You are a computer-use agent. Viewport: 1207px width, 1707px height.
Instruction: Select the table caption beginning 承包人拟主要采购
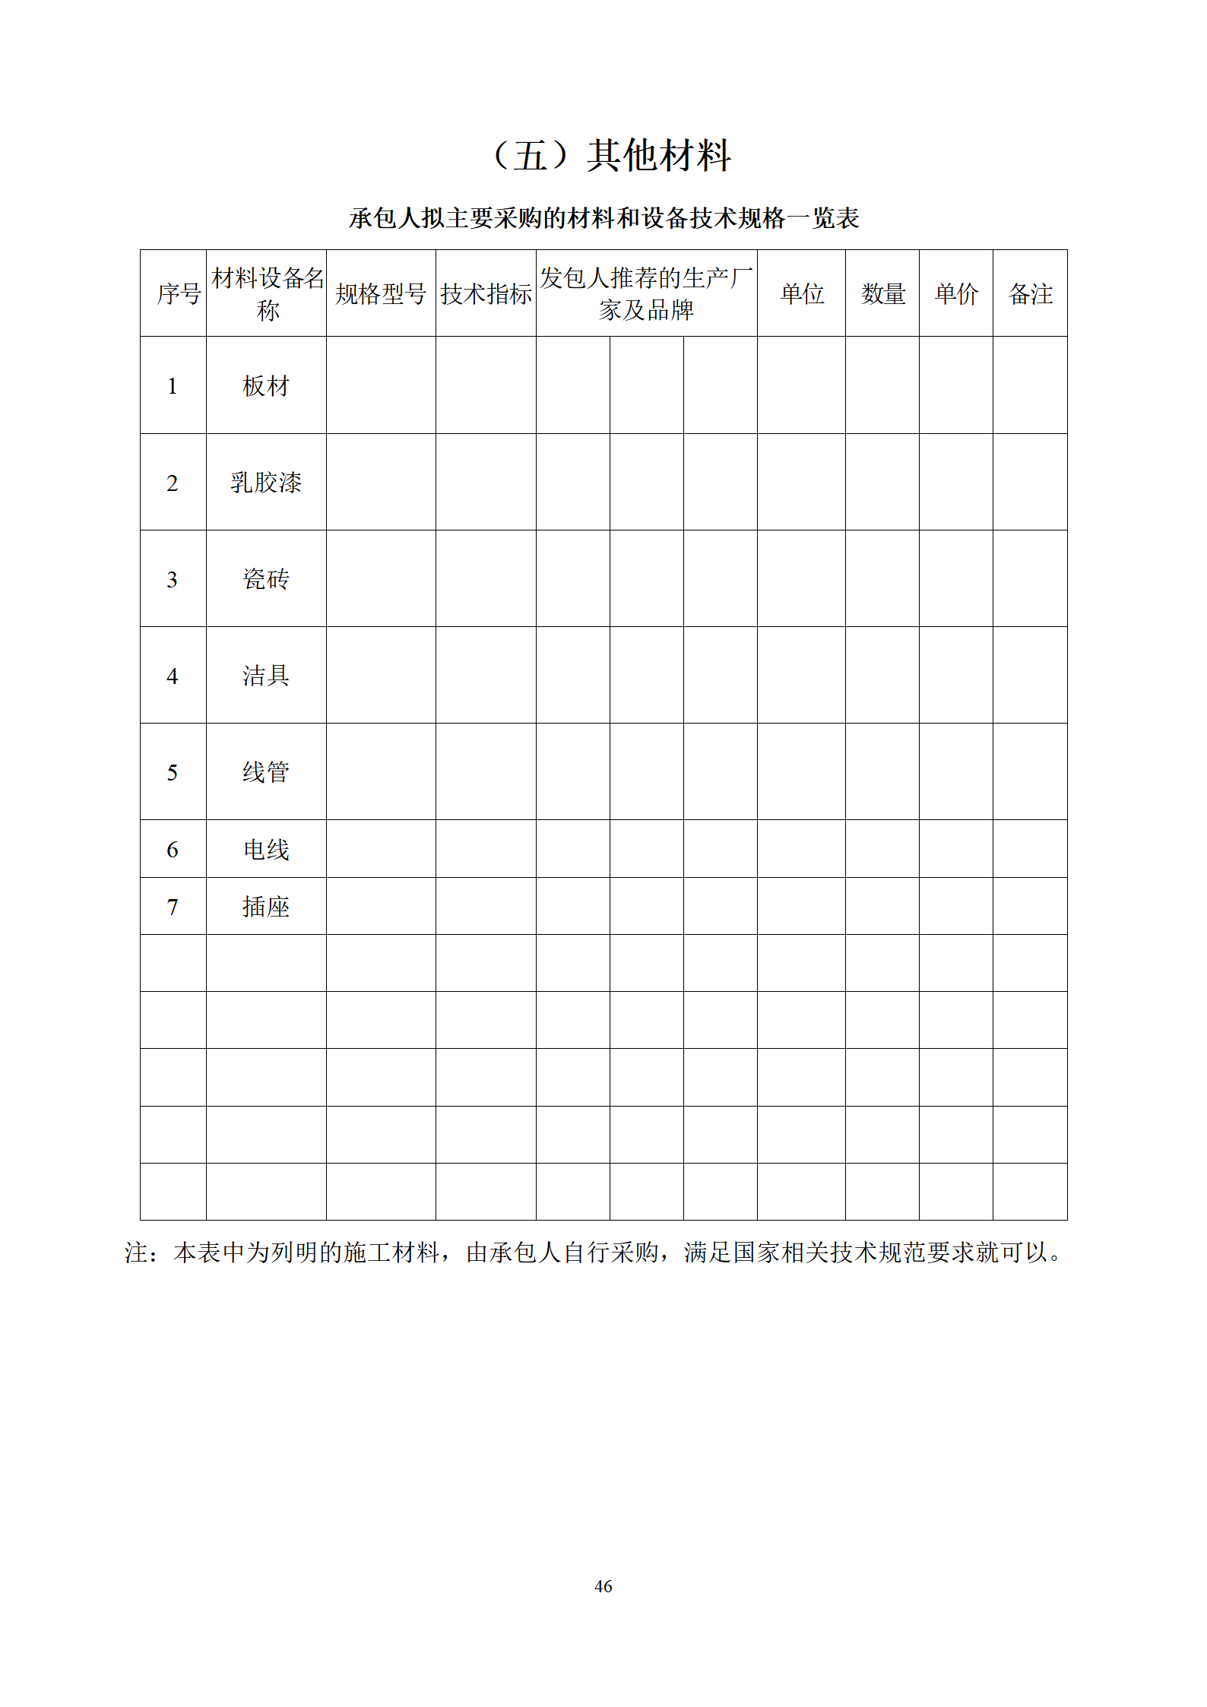click(x=603, y=219)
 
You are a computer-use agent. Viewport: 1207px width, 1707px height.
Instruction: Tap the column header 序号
click(x=179, y=294)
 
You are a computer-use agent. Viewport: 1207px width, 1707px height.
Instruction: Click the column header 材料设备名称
click(x=267, y=294)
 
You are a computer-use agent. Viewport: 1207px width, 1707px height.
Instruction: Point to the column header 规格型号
click(x=381, y=294)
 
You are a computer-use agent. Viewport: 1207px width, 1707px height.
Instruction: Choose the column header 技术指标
click(x=486, y=294)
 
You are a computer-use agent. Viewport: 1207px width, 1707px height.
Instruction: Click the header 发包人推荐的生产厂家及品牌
click(x=646, y=294)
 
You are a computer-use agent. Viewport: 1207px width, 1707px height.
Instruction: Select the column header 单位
click(x=802, y=294)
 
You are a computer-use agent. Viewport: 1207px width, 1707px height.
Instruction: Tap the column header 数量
click(x=882, y=294)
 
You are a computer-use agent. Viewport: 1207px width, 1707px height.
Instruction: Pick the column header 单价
click(x=956, y=294)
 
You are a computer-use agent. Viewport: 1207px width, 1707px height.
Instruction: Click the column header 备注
click(x=1030, y=294)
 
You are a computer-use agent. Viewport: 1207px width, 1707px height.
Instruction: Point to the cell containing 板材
click(x=266, y=386)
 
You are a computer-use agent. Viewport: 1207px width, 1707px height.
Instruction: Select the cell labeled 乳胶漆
click(x=266, y=483)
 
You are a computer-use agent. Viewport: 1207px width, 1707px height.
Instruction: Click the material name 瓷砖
click(x=266, y=579)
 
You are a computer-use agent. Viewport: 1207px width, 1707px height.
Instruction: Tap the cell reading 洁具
click(x=266, y=676)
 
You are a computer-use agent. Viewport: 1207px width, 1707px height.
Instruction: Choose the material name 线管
click(x=266, y=772)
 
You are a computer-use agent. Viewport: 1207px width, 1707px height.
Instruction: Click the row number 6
click(x=173, y=850)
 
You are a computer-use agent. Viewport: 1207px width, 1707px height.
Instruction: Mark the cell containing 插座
click(x=266, y=907)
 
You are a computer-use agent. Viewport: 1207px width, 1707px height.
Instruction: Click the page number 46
click(x=603, y=1586)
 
